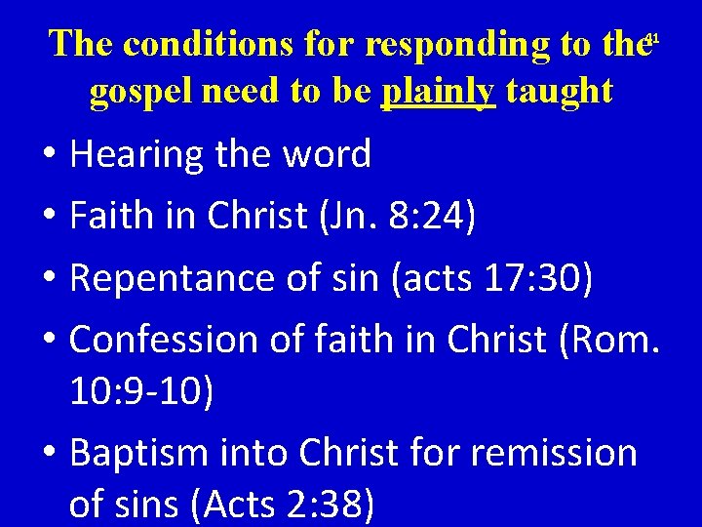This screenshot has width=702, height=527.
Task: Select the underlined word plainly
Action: pos(439,91)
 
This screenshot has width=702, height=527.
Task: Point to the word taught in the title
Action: pos(560,91)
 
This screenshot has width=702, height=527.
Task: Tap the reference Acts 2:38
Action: pos(283,506)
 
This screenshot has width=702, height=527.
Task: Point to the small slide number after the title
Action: pos(654,39)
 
